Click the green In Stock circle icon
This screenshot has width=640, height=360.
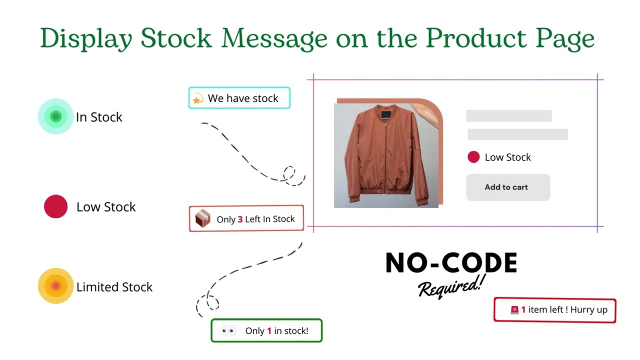click(x=55, y=116)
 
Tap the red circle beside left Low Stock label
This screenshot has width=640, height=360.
click(x=55, y=206)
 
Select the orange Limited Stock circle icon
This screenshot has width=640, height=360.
click(x=55, y=286)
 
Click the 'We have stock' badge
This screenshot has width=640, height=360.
click(x=239, y=98)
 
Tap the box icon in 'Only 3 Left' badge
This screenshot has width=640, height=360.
click(x=202, y=218)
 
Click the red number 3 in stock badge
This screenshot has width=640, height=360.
click(x=240, y=219)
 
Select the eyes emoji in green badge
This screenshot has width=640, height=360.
click(x=228, y=330)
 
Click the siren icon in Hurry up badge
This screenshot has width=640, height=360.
click(x=514, y=310)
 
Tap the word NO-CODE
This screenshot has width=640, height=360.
click(x=451, y=263)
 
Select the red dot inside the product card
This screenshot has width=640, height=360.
click(x=473, y=157)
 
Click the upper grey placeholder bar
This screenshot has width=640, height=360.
click(x=508, y=116)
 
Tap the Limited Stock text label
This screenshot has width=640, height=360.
click(x=114, y=287)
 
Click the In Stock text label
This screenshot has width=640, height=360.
click(x=99, y=117)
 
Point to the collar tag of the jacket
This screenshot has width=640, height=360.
click(x=386, y=115)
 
